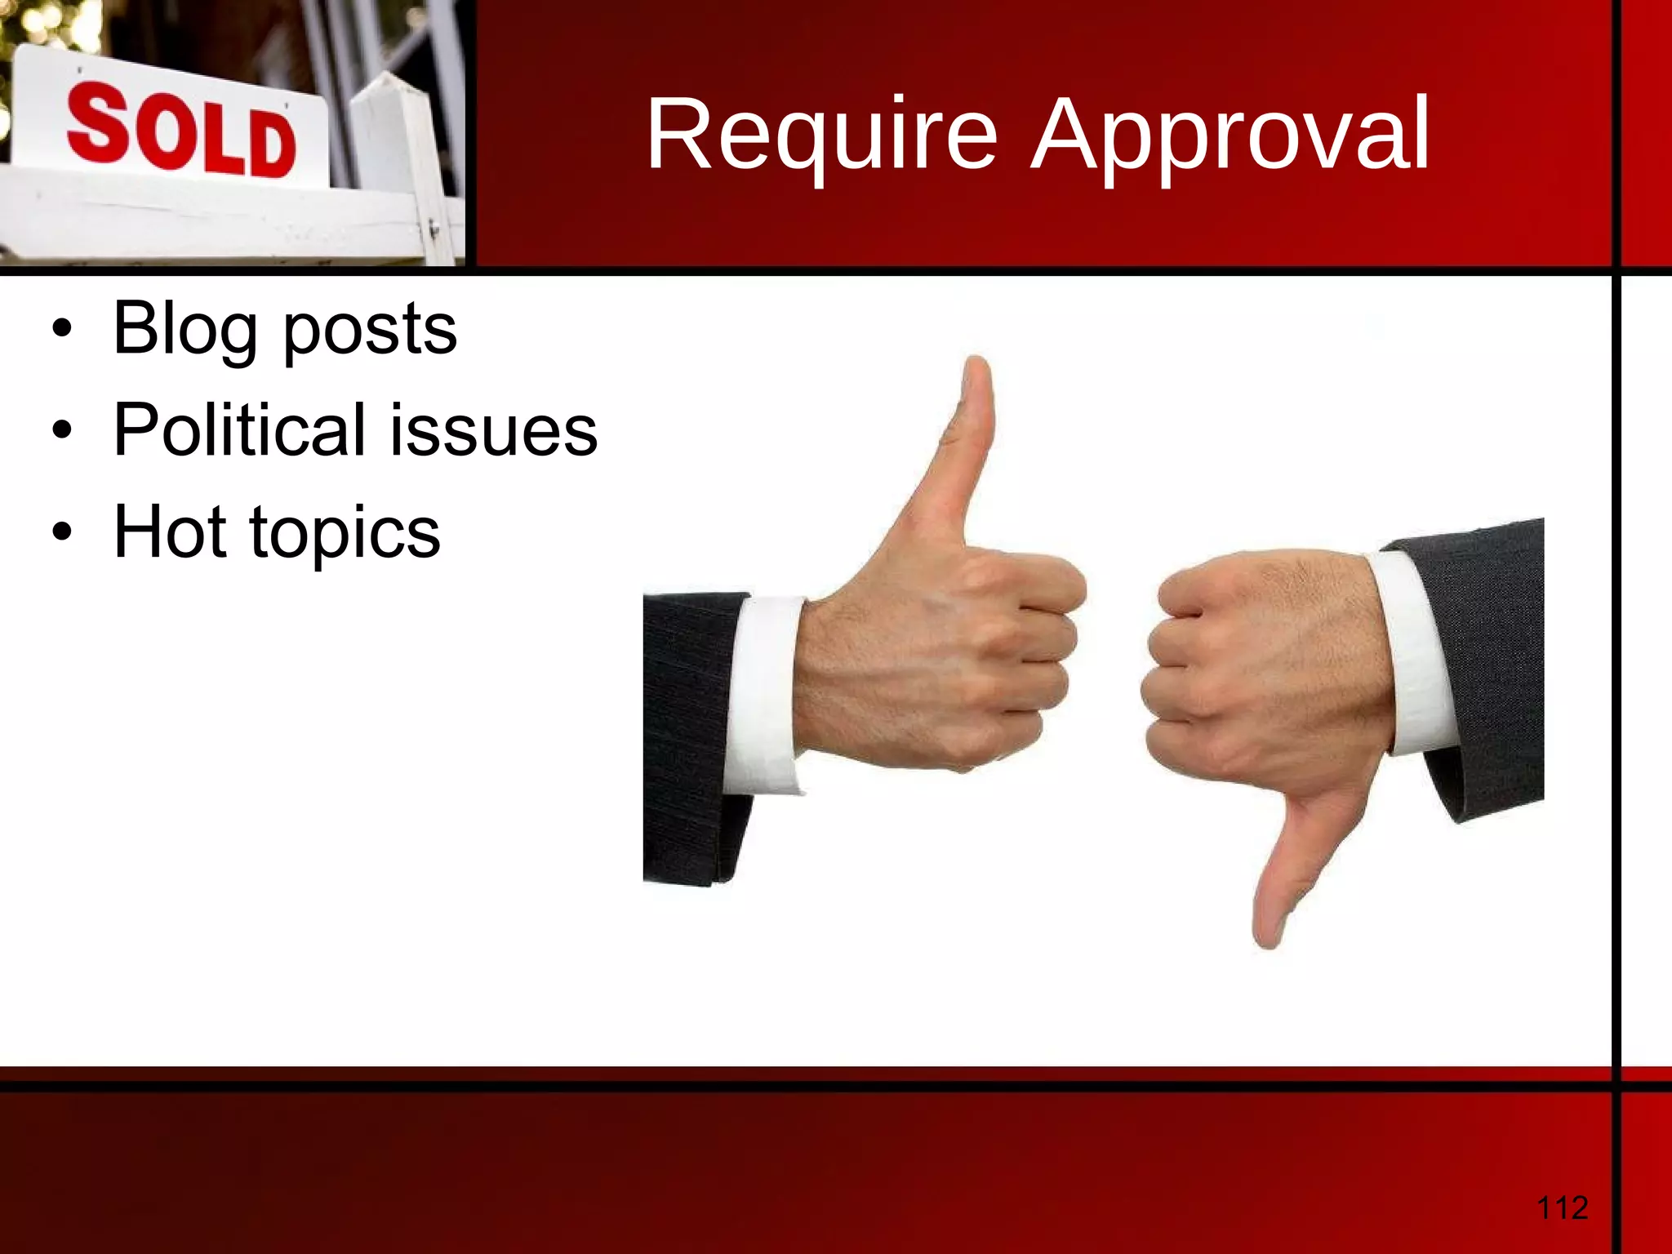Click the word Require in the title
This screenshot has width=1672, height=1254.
coord(821,135)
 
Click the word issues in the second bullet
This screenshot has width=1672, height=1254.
coord(494,431)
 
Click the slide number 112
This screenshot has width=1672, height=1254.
coord(1562,1207)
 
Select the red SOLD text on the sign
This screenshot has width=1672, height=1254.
coord(181,131)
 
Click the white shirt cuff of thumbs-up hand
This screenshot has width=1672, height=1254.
coord(763,694)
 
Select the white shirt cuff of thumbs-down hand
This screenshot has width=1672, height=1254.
coord(1421,653)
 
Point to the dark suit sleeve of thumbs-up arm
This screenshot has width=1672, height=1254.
coord(686,735)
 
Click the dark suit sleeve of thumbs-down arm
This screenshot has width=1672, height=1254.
coord(1486,653)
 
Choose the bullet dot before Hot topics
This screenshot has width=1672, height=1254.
coord(61,532)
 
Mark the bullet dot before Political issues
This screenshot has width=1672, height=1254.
coord(61,430)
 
